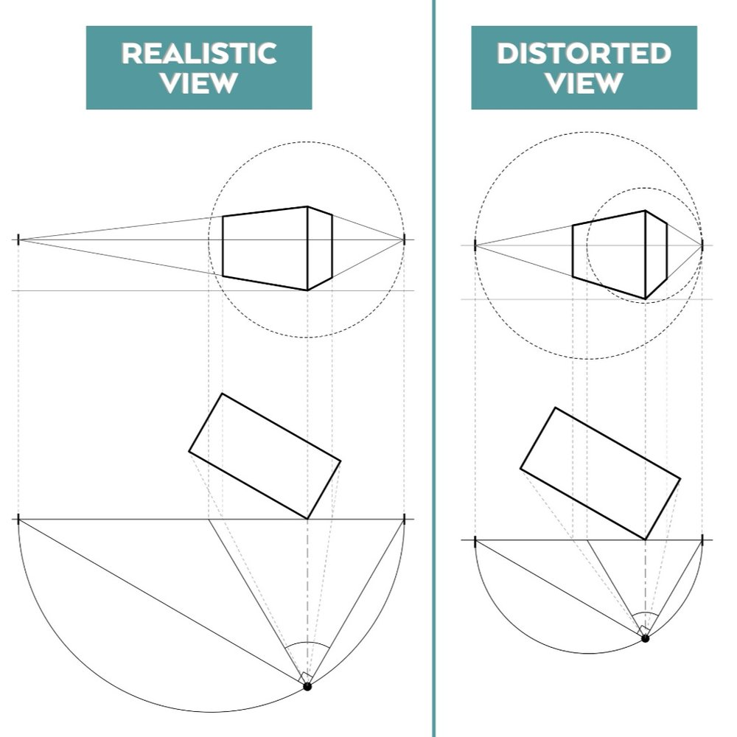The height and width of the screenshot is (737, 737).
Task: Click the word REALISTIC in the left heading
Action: [198, 54]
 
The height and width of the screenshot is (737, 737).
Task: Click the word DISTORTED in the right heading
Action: [584, 54]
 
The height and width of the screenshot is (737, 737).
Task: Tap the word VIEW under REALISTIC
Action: [198, 83]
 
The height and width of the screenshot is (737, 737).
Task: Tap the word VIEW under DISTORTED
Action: [584, 83]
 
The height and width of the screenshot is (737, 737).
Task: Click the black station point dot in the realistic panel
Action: [307, 686]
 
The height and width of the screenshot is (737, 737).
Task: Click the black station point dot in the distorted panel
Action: [645, 638]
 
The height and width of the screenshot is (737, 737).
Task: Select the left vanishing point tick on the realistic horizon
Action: [18, 240]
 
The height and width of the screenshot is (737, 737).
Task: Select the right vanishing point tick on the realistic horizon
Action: [405, 240]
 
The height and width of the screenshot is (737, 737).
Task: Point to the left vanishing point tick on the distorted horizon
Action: [475, 245]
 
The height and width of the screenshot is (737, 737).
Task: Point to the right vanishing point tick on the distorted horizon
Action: [702, 245]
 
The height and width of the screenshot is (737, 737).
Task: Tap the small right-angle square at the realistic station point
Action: [306, 677]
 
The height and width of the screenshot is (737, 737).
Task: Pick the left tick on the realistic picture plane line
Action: [18, 520]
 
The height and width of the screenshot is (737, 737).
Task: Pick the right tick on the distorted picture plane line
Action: [702, 540]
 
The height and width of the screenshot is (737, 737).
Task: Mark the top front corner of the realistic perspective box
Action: [307, 207]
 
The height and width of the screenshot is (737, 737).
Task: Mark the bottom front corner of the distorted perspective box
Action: [646, 299]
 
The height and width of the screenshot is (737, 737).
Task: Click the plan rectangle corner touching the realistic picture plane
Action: [307, 519]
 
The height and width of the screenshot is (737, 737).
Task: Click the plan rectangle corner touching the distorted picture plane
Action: [646, 539]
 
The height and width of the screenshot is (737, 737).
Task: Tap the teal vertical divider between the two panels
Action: [433, 368]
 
